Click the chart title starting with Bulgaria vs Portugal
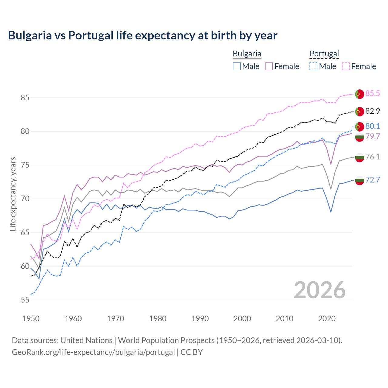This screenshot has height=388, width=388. (x=142, y=35)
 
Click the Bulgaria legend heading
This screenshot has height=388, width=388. (x=247, y=54)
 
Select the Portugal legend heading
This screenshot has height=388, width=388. (x=324, y=54)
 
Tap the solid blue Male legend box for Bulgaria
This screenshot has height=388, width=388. (x=237, y=66)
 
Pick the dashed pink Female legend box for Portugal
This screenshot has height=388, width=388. (x=346, y=66)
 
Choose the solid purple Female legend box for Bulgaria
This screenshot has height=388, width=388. (x=269, y=66)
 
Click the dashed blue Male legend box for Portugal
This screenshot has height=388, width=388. (x=313, y=66)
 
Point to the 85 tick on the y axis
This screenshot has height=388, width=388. (x=25, y=98)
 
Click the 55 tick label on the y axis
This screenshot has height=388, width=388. (x=25, y=300)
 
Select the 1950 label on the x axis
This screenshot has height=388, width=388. (x=31, y=319)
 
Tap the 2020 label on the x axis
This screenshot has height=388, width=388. (x=327, y=319)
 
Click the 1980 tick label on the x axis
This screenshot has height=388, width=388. (x=158, y=319)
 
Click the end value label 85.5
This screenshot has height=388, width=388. (x=373, y=93)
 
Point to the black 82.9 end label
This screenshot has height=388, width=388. (x=373, y=111)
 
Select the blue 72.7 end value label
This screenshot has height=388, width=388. (x=373, y=180)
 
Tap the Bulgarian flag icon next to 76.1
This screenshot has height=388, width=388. (x=360, y=157)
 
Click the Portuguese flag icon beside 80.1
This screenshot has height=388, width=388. (x=360, y=127)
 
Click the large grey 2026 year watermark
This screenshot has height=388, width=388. (x=319, y=290)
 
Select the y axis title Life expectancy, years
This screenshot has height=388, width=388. (x=13, y=194)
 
